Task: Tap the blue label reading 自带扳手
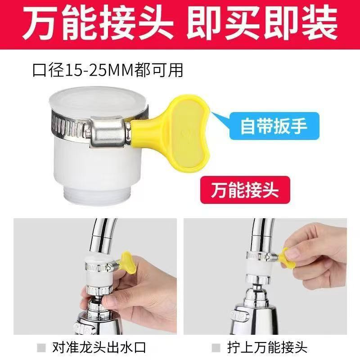(269, 125)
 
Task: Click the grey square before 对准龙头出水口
(42, 347)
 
